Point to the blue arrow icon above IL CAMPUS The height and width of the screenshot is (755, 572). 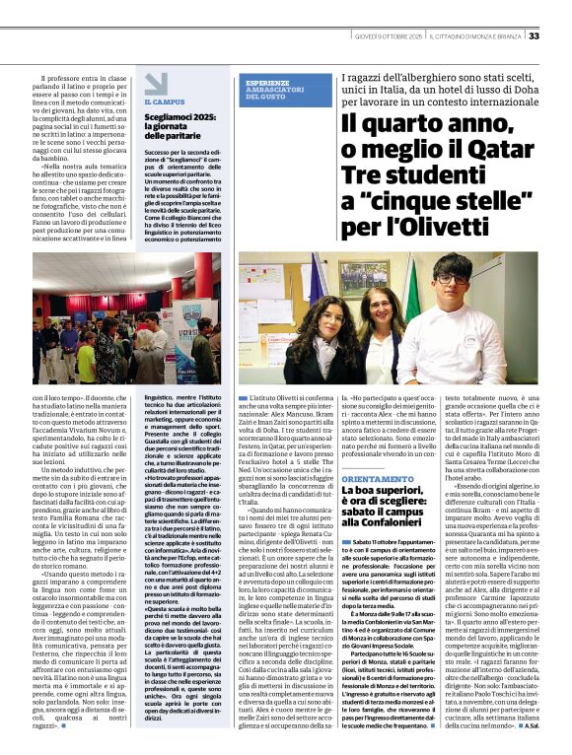click(x=156, y=84)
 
